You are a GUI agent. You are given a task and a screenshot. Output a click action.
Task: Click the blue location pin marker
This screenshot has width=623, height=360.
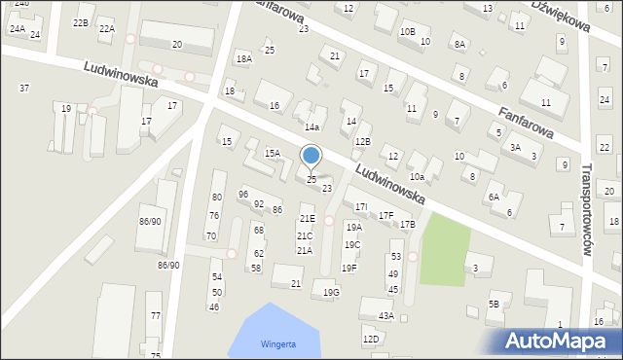[x=311, y=156]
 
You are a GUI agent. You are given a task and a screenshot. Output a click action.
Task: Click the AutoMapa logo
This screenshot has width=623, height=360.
[x=559, y=341]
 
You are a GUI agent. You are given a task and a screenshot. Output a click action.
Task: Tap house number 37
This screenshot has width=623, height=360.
[x=24, y=89]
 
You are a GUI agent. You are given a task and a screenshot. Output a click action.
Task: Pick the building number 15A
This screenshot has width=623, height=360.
[x=273, y=153]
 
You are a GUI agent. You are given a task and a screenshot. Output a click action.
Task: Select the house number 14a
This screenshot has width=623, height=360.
[x=312, y=127]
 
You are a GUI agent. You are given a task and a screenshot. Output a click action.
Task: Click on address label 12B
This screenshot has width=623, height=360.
[x=362, y=142]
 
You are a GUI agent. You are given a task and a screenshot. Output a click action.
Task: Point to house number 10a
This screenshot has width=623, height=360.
[x=417, y=176]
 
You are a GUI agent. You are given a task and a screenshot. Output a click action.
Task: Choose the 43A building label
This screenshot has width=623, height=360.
[x=386, y=316]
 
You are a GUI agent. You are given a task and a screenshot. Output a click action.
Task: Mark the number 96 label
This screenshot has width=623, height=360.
[x=243, y=195]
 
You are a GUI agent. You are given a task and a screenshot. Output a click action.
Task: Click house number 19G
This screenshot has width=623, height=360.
[x=331, y=292]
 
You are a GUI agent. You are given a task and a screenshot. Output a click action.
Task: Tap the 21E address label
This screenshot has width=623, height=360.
[x=307, y=219]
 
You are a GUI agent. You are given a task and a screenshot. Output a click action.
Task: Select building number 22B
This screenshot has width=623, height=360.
[x=81, y=22]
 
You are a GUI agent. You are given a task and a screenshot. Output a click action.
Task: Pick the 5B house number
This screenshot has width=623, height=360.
[x=494, y=305]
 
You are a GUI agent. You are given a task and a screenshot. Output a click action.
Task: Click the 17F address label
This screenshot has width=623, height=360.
[x=385, y=215]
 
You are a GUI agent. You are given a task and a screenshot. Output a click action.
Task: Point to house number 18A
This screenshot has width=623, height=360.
[x=243, y=59]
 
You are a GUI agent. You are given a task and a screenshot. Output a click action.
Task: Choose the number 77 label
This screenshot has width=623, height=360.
[x=156, y=316]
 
